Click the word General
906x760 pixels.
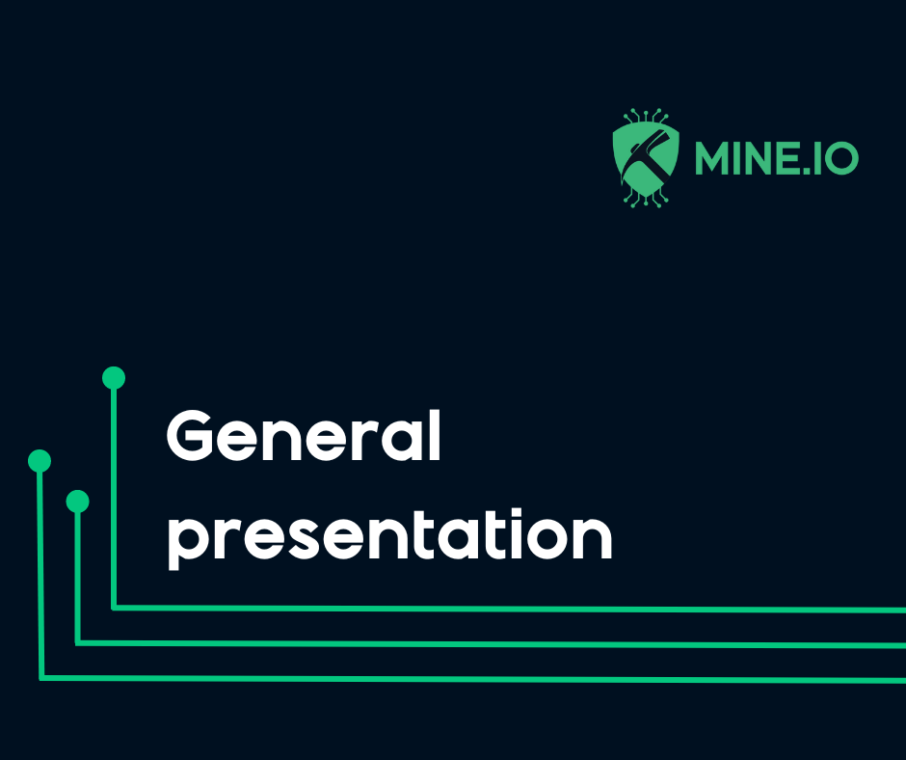coord(304,435)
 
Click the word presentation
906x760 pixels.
coord(390,538)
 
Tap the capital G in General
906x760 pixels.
coord(190,436)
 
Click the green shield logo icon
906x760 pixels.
coord(646,157)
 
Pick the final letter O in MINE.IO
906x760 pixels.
coord(841,158)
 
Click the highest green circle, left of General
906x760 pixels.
coord(114,378)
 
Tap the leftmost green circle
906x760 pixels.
coord(40,461)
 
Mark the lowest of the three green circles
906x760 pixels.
coord(77,501)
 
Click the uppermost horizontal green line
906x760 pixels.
coord(509,609)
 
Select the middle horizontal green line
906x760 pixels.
coord(491,643)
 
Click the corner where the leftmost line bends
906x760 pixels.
coord(41,677)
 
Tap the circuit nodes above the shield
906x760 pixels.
coord(646,115)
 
